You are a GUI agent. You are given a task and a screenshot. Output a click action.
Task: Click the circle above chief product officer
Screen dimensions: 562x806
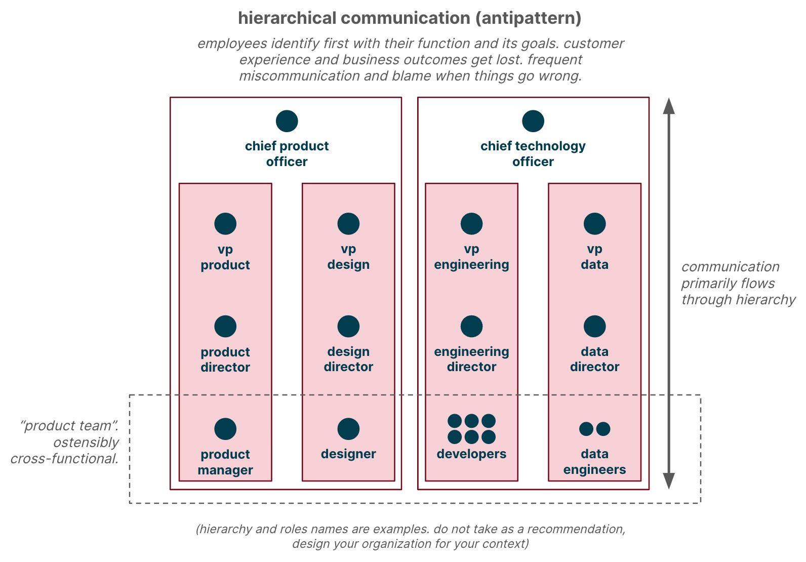pyautogui.click(x=287, y=122)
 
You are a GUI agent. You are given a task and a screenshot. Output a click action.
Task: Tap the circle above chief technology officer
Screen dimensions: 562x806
pyautogui.click(x=533, y=122)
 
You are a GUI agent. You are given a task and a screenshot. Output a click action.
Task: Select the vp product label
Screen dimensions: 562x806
pyautogui.click(x=225, y=257)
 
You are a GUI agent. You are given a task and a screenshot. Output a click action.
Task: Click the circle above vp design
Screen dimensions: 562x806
pyautogui.click(x=348, y=224)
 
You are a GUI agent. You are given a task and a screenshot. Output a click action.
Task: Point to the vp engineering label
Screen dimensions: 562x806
pyautogui.click(x=471, y=257)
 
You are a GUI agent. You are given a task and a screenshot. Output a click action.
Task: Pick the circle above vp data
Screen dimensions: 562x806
pyautogui.click(x=594, y=224)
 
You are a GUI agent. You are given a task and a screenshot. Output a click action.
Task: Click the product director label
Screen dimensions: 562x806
pyautogui.click(x=225, y=359)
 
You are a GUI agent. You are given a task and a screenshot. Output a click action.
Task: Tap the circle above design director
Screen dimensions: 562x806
pyautogui.click(x=348, y=327)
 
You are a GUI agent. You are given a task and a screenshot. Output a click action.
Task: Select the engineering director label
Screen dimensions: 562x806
pyautogui.click(x=471, y=359)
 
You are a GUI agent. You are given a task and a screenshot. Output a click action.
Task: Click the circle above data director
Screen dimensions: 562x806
pyautogui.click(x=594, y=327)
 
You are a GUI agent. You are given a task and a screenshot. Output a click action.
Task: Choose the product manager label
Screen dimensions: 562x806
pyautogui.click(x=225, y=462)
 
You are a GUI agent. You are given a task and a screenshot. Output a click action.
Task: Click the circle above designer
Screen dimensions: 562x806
pyautogui.click(x=348, y=429)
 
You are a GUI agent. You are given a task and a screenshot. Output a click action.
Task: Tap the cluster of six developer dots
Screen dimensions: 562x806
pyautogui.click(x=471, y=429)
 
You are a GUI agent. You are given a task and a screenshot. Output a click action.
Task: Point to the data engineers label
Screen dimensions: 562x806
pyautogui.click(x=594, y=462)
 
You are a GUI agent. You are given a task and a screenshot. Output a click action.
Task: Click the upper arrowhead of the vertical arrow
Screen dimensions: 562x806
pyautogui.click(x=669, y=106)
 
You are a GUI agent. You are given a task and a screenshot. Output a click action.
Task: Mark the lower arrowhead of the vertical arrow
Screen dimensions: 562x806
pyautogui.click(x=669, y=481)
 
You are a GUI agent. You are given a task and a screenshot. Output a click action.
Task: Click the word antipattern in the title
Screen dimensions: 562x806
pyautogui.click(x=528, y=18)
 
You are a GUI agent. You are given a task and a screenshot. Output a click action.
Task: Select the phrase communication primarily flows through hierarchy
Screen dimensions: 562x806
pyautogui.click(x=737, y=284)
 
